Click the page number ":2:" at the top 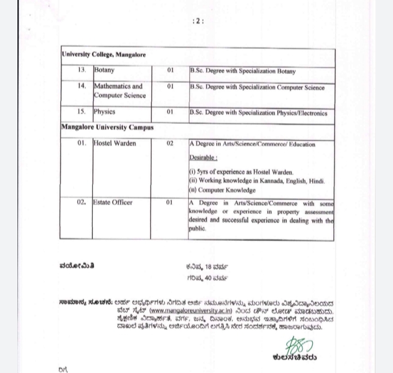pos(198,21)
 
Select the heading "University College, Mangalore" pos(104,55)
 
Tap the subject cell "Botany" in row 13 pos(104,71)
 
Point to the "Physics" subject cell pos(105,112)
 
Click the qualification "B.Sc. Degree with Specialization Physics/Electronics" pos(258,113)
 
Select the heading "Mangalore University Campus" pos(107,127)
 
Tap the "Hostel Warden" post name pos(115,143)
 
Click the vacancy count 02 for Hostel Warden pos(170,143)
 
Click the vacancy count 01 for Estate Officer pos(170,202)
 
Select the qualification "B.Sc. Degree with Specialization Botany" pos(243,71)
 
